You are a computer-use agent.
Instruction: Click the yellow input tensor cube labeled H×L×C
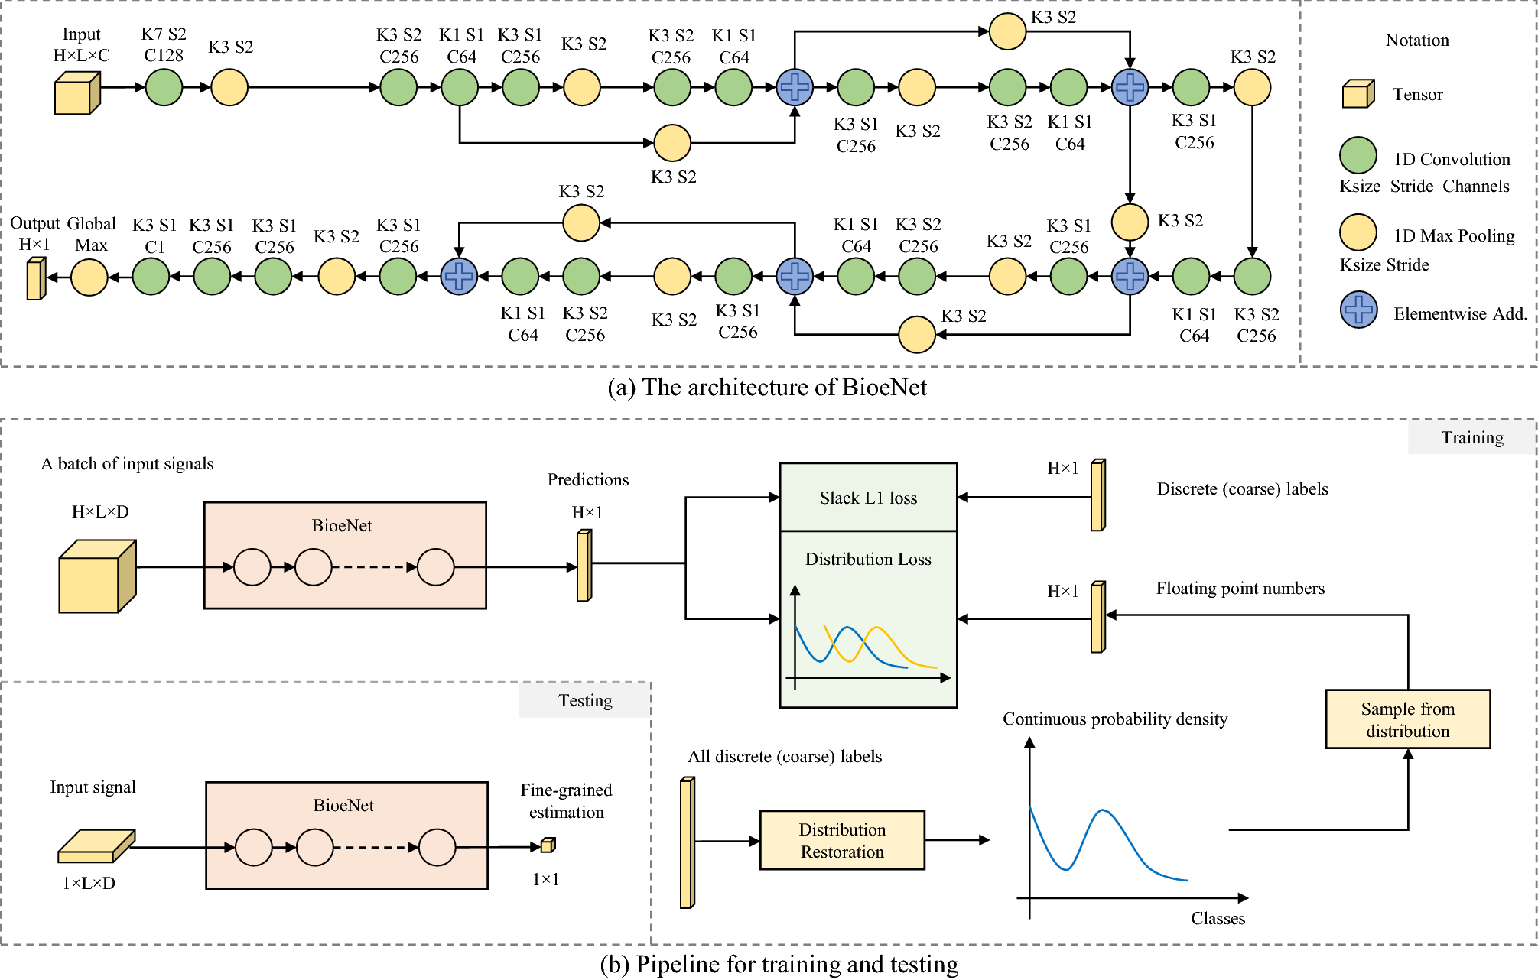coord(76,93)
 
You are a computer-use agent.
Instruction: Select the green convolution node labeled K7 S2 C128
coord(164,87)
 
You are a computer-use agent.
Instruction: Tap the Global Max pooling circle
coord(89,277)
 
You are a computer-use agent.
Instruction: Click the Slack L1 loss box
coord(868,498)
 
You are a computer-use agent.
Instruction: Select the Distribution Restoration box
coord(842,840)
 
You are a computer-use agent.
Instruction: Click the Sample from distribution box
coord(1407,719)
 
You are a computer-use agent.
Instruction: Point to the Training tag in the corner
coord(1471,437)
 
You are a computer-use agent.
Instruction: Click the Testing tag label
coord(585,700)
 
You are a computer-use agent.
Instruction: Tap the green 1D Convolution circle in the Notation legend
coord(1358,156)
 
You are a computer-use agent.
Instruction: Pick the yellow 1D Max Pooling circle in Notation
coord(1358,232)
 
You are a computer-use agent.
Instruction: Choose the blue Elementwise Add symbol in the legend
coord(1358,310)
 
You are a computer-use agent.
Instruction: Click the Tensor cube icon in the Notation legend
coord(1358,94)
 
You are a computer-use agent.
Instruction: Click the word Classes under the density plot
coord(1218,918)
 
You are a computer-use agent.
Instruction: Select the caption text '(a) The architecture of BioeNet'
coord(767,388)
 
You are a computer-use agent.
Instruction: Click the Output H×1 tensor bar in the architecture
coord(35,278)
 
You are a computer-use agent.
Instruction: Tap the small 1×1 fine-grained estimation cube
coord(548,845)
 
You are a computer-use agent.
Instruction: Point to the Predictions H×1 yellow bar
coord(584,566)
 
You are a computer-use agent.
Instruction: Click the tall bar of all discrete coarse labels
coord(687,842)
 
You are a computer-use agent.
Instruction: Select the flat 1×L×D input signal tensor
coord(96,846)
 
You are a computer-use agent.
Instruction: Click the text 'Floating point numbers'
coord(1240,588)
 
